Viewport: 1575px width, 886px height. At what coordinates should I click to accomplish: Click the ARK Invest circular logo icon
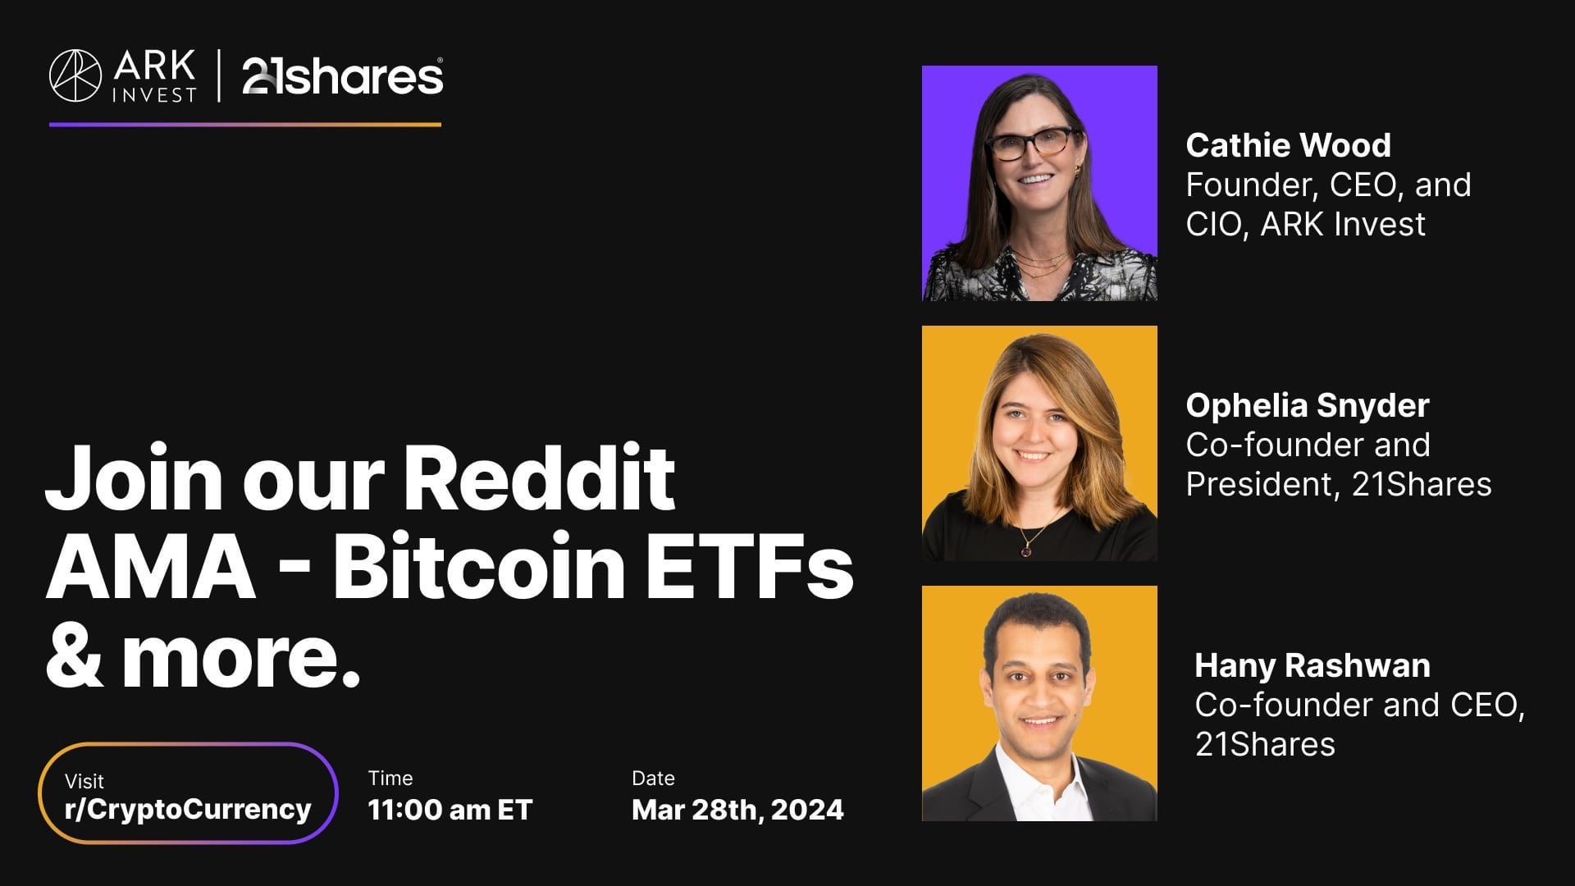click(x=75, y=76)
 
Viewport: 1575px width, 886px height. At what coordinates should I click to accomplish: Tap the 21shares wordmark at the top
click(x=343, y=76)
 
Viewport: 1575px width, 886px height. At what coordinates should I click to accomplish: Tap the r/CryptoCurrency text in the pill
click(x=188, y=810)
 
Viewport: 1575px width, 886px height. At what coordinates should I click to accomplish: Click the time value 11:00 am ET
click(x=450, y=811)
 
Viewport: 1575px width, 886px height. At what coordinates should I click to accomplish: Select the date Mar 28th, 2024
click(x=737, y=811)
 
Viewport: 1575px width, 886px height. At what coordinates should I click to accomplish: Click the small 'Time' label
click(x=390, y=778)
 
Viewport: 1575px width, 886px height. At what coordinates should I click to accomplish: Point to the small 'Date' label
click(x=653, y=778)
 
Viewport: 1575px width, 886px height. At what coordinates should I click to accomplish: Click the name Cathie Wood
click(x=1288, y=145)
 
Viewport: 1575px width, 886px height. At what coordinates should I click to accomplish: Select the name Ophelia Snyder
click(x=1308, y=406)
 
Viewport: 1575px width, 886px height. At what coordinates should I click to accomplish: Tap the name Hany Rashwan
click(x=1312, y=665)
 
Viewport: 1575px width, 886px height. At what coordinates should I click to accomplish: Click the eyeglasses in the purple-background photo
click(x=1032, y=144)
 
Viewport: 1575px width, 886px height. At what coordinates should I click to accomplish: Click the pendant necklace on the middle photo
click(x=1025, y=550)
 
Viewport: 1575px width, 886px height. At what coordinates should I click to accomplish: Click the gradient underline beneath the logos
click(x=245, y=125)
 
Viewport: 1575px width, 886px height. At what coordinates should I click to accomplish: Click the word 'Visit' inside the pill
click(x=84, y=781)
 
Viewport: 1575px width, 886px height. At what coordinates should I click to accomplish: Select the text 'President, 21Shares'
click(x=1339, y=484)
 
